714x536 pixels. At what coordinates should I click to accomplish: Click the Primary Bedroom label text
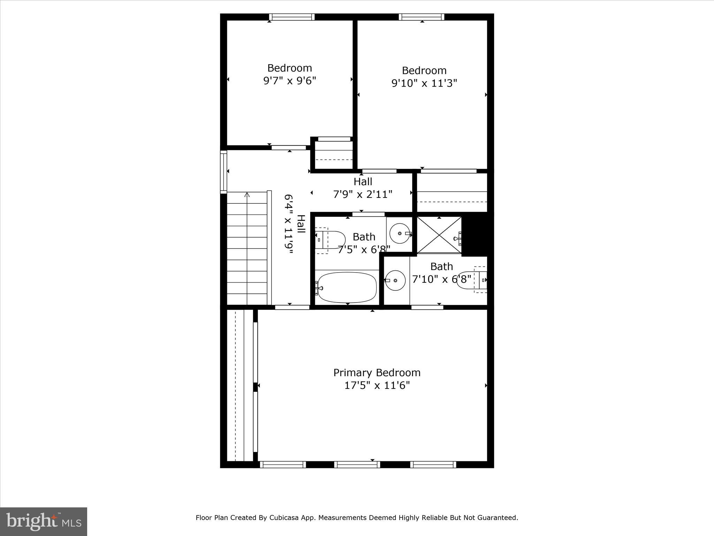click(377, 373)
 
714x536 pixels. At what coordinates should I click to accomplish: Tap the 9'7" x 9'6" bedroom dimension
click(289, 81)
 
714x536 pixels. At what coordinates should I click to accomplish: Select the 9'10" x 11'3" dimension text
click(424, 83)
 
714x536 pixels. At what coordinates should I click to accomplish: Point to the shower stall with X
click(439, 235)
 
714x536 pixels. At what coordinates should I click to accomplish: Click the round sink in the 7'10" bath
click(395, 280)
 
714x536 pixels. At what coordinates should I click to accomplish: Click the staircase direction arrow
click(247, 195)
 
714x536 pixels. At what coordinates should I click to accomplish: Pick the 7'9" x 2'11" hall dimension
click(363, 194)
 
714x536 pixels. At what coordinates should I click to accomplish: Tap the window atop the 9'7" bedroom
click(291, 17)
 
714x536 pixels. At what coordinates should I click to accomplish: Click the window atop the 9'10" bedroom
click(421, 17)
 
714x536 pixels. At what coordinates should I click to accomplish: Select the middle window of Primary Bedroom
click(357, 464)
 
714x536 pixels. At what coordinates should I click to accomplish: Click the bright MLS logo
click(43, 521)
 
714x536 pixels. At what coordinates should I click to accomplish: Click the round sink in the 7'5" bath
click(400, 233)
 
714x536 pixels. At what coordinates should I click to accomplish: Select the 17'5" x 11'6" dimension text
click(377, 386)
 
